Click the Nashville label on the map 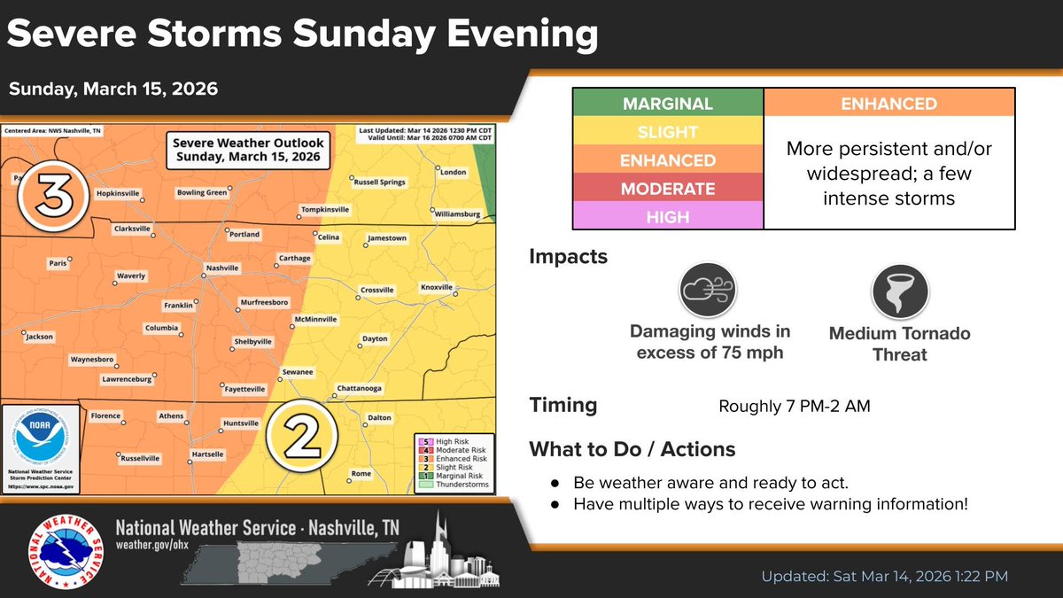pos(221,268)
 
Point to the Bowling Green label pos(202,192)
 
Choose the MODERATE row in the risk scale pos(668,189)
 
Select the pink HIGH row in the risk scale pos(668,216)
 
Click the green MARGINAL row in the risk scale pos(668,104)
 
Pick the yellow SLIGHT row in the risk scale pos(668,132)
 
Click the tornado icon pos(899,291)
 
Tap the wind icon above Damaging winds pos(710,291)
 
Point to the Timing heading pos(563,406)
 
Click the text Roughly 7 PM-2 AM pos(795,408)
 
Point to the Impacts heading pos(569,257)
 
